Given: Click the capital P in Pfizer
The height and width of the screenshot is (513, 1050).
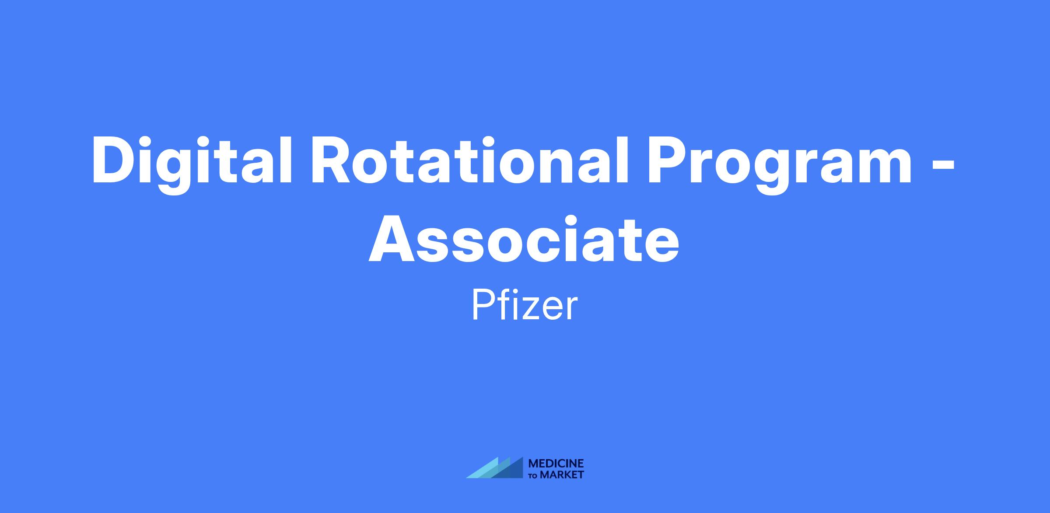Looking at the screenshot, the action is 483,306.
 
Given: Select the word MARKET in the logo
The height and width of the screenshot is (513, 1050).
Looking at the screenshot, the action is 562,475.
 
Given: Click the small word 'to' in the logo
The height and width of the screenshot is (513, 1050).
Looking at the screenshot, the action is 534,475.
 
